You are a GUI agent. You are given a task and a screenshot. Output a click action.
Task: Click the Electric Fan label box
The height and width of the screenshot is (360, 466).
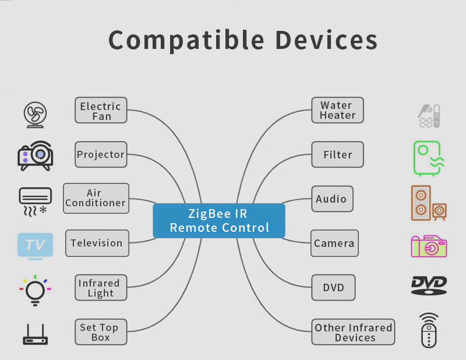[101, 110]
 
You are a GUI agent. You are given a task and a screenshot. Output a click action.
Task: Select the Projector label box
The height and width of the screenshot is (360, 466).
[101, 154]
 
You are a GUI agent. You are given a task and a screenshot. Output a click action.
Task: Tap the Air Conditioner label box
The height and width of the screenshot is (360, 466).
[96, 198]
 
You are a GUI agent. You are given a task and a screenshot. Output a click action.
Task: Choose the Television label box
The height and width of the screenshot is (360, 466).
[97, 243]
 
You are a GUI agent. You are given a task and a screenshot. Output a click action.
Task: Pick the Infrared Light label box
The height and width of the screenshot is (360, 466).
[101, 287]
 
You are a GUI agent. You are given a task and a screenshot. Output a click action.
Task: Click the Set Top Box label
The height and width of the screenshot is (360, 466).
[101, 332]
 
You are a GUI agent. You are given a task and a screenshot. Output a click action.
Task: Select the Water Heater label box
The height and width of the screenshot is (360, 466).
[338, 110]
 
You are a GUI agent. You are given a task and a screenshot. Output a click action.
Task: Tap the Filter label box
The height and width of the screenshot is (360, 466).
[338, 154]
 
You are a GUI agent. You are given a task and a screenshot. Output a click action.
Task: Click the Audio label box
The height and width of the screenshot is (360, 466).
[332, 199]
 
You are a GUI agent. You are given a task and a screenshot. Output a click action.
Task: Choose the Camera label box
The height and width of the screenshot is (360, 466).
[334, 243]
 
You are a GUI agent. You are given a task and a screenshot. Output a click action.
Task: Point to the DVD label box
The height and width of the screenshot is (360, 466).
[333, 287]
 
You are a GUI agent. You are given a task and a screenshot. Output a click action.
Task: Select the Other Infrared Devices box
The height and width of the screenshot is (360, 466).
[354, 332]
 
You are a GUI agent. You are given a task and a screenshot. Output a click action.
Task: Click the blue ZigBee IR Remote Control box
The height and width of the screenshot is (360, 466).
[219, 221]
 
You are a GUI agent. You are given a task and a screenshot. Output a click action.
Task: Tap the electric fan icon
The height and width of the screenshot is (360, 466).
[35, 115]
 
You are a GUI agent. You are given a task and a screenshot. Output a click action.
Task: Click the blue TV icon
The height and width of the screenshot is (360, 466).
[36, 246]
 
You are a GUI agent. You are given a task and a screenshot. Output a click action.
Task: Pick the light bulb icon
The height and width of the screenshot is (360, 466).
[35, 291]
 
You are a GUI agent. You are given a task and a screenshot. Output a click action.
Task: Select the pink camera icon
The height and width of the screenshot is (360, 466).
[429, 246]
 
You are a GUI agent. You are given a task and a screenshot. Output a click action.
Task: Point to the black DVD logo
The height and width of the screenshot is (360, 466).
[429, 285]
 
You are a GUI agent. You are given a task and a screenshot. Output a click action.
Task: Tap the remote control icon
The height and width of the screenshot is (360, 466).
[429, 330]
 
